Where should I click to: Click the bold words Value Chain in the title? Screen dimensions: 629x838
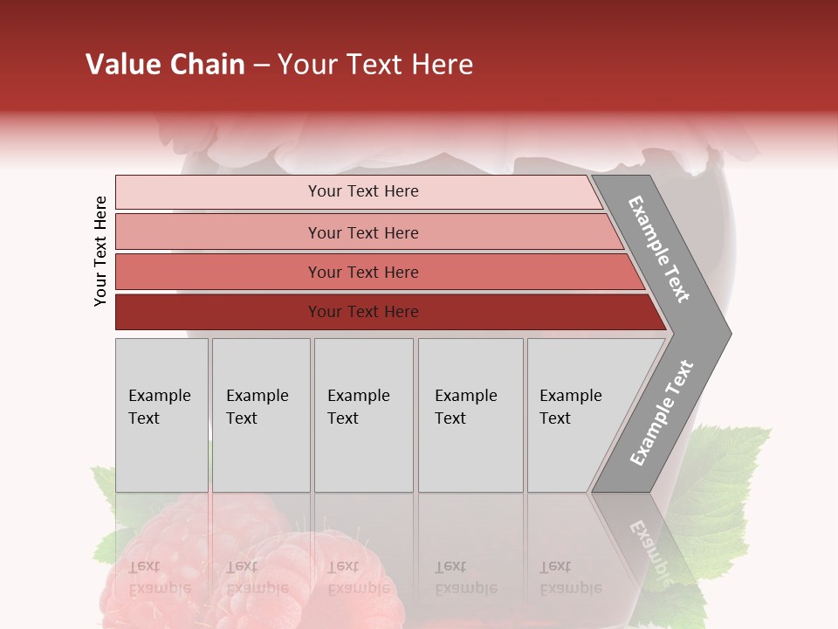pos(165,65)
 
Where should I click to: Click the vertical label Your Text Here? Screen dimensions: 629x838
pos(100,251)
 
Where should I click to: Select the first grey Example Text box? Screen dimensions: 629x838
pos(161,415)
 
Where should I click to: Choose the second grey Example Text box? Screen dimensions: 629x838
pos(261,415)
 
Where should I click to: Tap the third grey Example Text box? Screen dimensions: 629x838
pos(363,415)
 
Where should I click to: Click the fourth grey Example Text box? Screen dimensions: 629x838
pos(471,415)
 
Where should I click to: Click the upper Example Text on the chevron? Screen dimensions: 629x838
pos(659,249)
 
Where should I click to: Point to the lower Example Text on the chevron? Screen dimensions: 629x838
pos(662,412)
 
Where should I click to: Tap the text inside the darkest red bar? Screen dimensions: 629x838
pos(363,312)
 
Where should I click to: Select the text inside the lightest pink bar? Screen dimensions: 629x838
pos(363,191)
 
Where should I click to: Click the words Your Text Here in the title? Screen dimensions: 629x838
pos(375,65)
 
